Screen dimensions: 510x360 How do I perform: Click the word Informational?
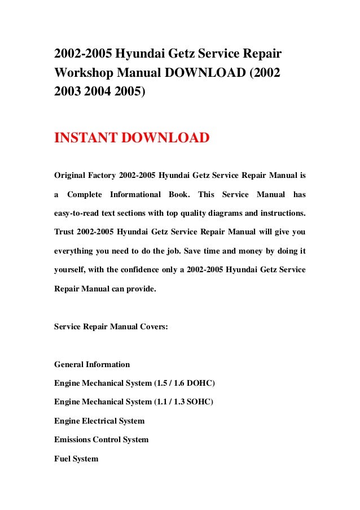(x=135, y=195)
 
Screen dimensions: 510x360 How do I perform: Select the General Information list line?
(x=92, y=364)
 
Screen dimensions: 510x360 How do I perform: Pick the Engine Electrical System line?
(x=99, y=421)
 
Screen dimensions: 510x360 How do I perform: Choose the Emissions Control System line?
(x=102, y=440)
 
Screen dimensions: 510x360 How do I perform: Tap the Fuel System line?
(x=76, y=459)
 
